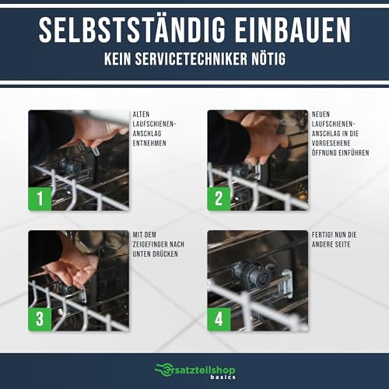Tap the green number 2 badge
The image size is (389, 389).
tap(219, 198)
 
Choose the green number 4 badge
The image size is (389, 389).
tap(219, 319)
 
